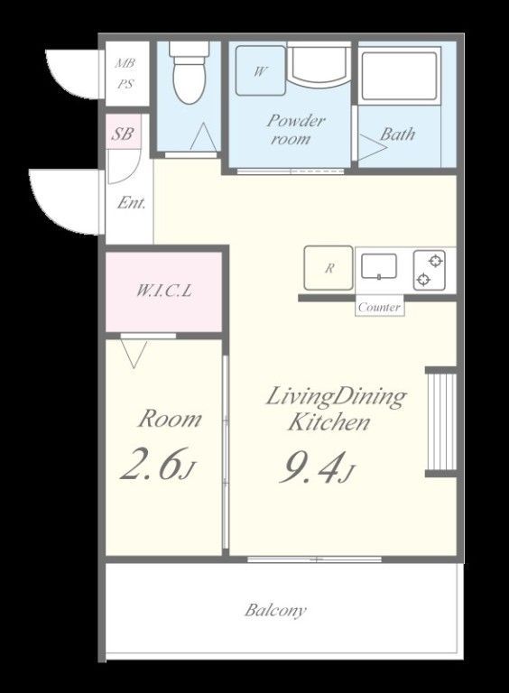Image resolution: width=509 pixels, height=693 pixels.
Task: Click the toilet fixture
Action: (190, 72)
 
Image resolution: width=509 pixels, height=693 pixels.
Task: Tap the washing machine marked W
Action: (260, 70)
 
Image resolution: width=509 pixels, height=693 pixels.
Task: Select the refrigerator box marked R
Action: (329, 268)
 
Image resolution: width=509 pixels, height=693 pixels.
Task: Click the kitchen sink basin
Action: (379, 266)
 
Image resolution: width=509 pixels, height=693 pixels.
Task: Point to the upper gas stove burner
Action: (436, 261)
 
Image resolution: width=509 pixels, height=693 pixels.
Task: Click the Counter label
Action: (380, 307)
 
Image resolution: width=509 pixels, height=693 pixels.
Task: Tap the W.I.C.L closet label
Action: (164, 291)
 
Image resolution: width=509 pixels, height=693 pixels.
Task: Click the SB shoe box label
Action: (122, 134)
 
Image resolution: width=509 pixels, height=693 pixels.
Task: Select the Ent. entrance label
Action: (131, 203)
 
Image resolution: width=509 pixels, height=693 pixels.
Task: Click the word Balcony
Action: (275, 610)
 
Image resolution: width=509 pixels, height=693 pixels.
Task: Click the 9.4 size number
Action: (311, 467)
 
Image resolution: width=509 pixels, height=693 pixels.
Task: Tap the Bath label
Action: (397, 134)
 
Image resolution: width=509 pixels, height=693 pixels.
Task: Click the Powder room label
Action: (295, 130)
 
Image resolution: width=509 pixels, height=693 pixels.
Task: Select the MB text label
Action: (125, 63)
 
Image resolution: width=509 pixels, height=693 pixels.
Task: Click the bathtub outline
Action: (399, 76)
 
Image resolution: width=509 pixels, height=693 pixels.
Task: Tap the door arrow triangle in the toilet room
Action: (204, 136)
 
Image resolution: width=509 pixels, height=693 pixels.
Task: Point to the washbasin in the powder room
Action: (318, 65)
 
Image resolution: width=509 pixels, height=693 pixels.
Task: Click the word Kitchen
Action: (329, 421)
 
